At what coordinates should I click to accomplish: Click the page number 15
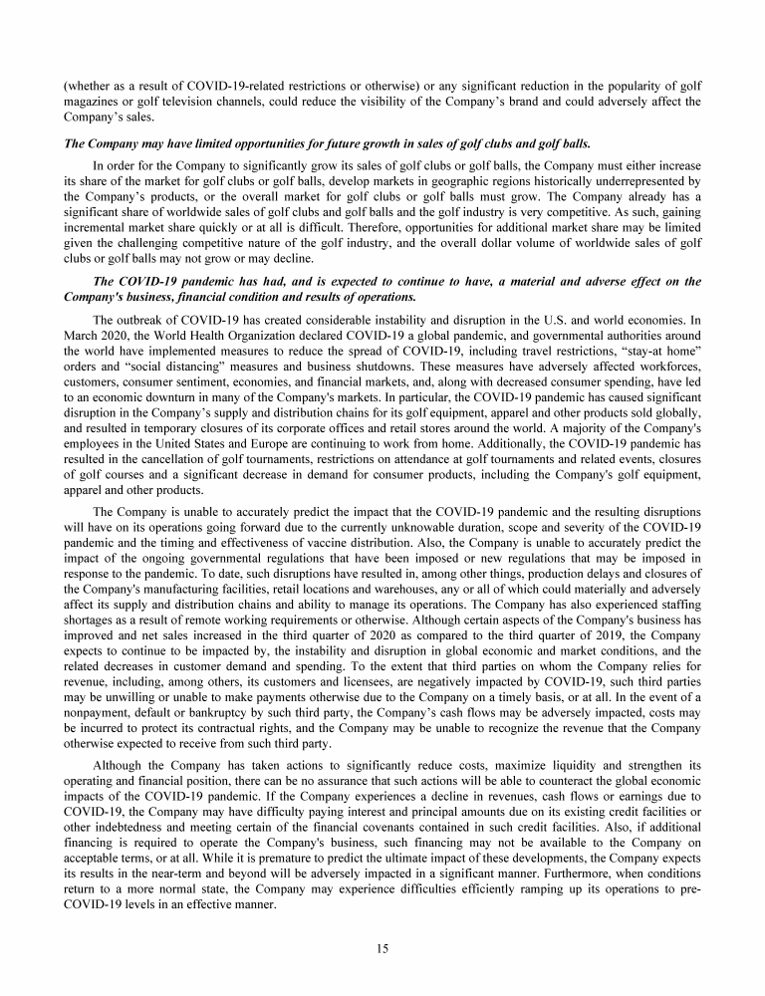[382, 947]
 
